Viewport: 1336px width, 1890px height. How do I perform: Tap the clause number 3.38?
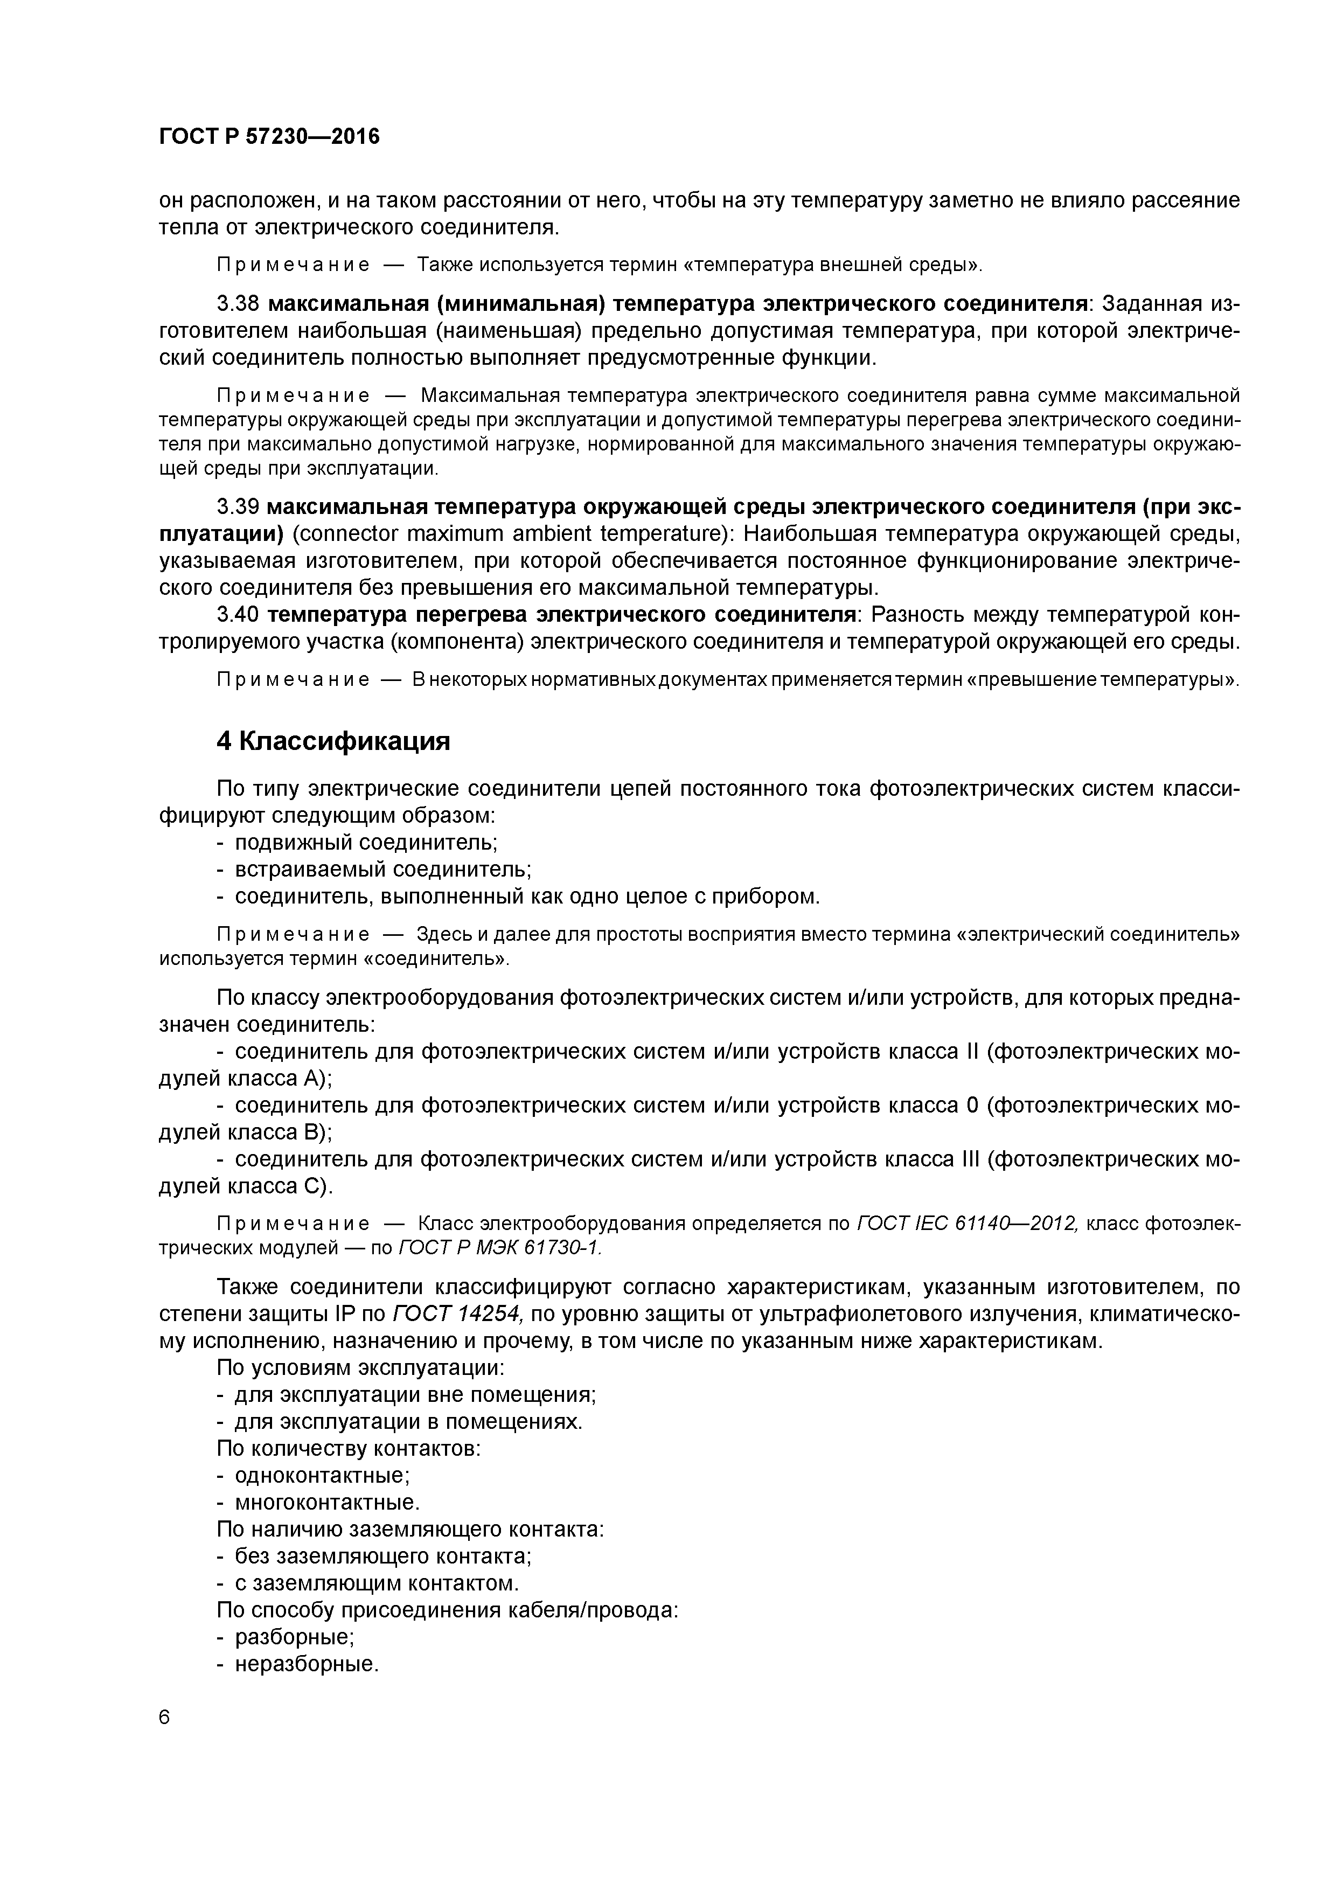pos(238,304)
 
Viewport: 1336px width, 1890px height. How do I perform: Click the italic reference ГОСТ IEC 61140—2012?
pos(966,1224)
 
